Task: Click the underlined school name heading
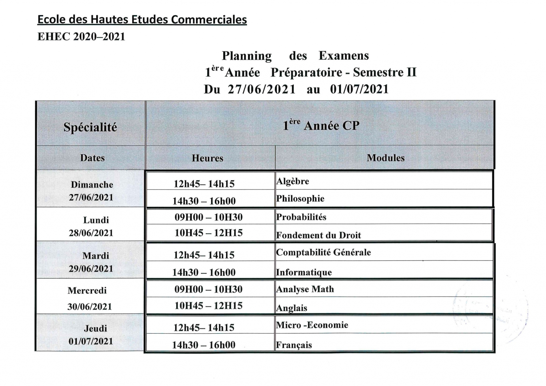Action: point(142,20)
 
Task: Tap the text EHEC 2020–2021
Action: point(81,37)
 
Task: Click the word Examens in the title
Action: point(343,56)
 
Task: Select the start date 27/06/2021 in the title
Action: point(262,89)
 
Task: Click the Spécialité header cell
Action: point(90,127)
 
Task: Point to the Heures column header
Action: point(207,158)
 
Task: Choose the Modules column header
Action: point(386,158)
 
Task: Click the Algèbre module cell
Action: point(292,181)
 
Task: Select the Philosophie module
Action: point(300,198)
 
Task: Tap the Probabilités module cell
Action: point(301,217)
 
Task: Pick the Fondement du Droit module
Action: point(318,235)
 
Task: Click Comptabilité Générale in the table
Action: point(323,252)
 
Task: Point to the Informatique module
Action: point(304,272)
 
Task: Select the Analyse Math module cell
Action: point(305,289)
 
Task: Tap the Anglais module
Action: point(291,308)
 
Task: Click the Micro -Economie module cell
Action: point(312,325)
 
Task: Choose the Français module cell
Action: point(294,345)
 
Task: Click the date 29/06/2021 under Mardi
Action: point(91,269)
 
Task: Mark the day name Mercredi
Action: point(87,290)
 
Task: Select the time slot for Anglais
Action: point(208,306)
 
